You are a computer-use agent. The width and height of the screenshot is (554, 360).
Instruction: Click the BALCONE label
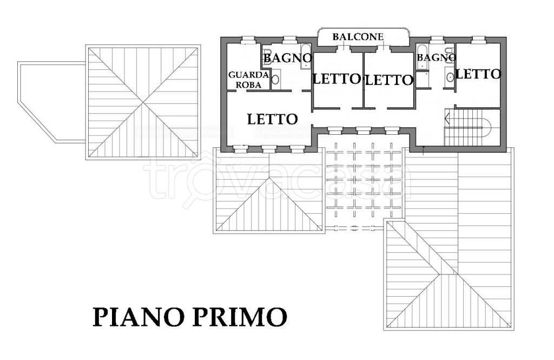coord(358,37)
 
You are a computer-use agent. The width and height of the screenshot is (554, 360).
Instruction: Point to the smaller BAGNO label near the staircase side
coord(436,57)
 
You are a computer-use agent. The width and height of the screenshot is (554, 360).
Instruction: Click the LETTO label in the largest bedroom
coord(272,119)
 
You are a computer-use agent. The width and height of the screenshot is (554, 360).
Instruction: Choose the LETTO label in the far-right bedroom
coord(478,74)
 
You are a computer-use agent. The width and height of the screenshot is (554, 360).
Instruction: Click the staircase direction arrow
coord(447,117)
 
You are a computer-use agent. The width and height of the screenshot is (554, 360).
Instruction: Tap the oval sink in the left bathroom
coord(275,80)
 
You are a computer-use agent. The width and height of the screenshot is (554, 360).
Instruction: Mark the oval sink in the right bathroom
coord(449,77)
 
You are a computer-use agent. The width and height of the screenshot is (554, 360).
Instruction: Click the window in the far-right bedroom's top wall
coord(477,39)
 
